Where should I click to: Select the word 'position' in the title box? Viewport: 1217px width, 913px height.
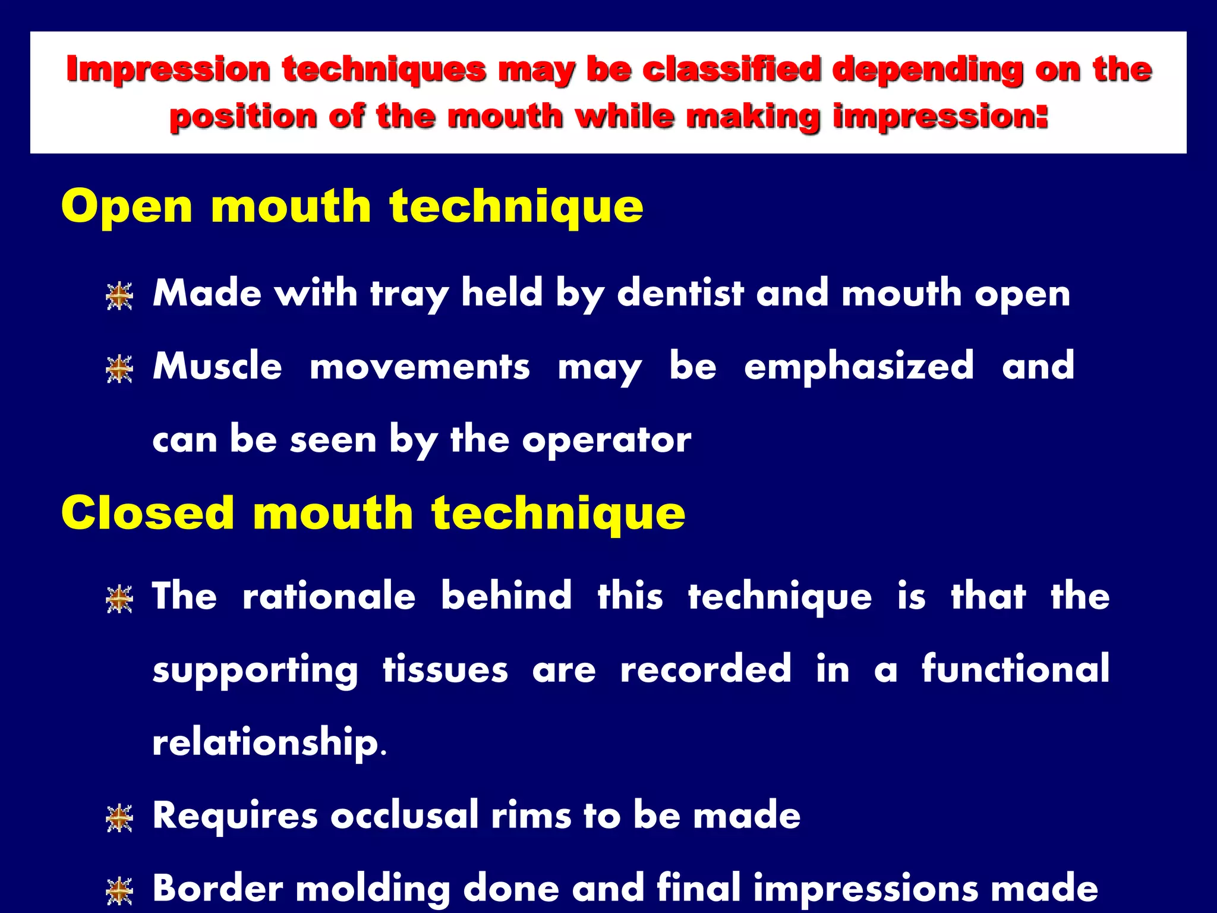point(244,117)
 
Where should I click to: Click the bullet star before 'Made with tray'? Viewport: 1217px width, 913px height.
point(119,296)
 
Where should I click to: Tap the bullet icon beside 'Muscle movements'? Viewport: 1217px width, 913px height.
point(119,369)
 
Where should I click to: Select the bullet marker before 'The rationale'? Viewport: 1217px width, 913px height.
point(119,599)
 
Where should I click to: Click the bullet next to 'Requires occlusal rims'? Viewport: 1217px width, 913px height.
point(119,818)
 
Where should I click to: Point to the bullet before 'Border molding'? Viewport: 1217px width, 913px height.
point(119,891)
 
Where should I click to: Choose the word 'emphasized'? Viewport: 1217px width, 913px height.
point(859,366)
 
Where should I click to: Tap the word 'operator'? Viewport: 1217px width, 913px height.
point(607,440)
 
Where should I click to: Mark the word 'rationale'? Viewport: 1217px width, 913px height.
point(329,596)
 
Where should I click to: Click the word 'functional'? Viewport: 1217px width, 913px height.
point(1016,669)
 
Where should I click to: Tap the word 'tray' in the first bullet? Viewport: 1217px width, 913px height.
point(409,294)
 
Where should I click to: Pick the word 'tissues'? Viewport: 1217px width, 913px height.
point(445,669)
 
